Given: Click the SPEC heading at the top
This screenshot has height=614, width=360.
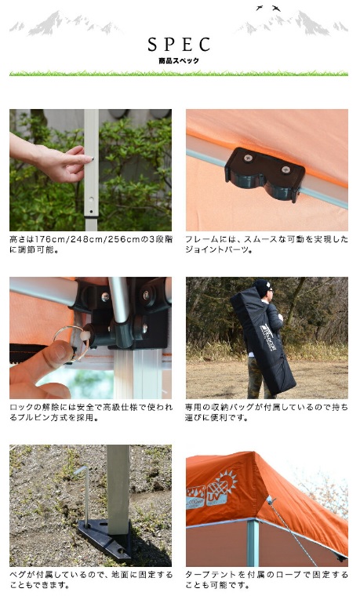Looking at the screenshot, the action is point(179,45).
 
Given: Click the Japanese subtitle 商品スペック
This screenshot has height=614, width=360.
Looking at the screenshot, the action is point(179,60).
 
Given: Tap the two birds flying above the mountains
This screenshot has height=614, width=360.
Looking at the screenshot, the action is point(268,8).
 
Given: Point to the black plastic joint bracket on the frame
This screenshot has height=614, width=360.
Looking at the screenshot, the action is point(265,174).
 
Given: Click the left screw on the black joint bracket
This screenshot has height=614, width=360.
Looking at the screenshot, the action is point(248,158).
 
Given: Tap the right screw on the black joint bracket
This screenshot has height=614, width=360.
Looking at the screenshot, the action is point(286,169).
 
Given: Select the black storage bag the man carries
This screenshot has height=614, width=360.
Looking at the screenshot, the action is point(264,340).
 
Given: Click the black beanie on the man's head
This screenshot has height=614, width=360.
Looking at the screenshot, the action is point(260,287).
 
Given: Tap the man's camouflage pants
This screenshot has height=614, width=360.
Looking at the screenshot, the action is point(256,378).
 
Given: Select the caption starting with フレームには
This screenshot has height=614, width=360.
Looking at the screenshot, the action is point(267,245).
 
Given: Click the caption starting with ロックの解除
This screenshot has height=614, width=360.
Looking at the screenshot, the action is point(91,412).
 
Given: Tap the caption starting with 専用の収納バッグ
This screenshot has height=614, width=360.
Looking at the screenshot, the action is point(267,412).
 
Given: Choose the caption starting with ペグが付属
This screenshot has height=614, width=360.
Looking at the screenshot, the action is point(91,580).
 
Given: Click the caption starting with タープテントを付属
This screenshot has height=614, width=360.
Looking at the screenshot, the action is point(267,580).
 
